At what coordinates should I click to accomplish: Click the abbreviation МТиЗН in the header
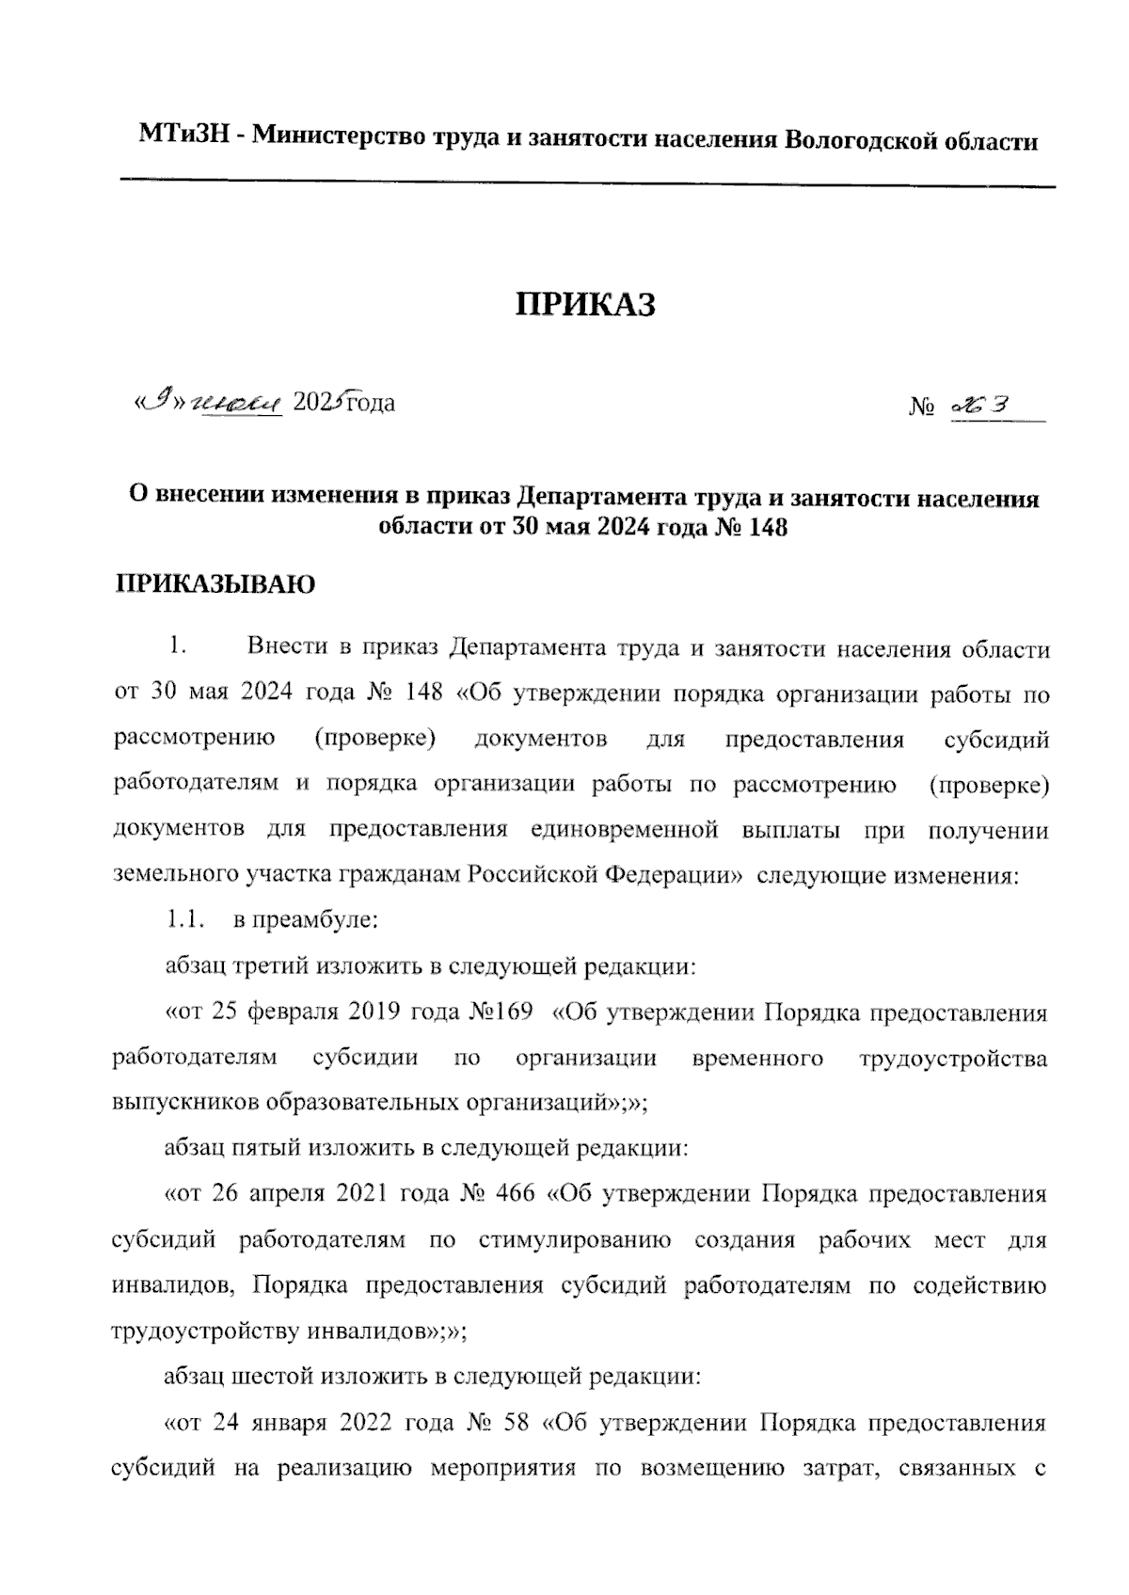(181, 138)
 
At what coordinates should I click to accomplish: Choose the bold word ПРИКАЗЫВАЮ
(215, 584)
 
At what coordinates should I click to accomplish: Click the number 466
(512, 1194)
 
